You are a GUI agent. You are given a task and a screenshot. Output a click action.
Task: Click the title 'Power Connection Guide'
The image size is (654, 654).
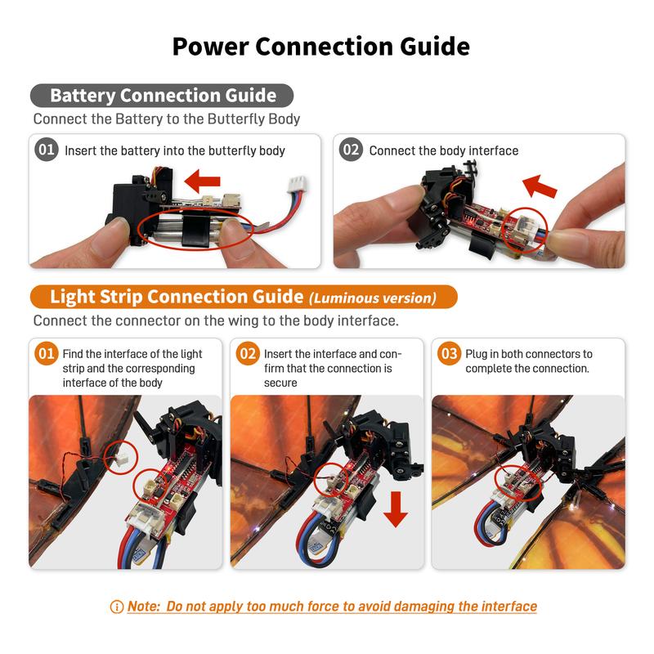pyautogui.click(x=320, y=47)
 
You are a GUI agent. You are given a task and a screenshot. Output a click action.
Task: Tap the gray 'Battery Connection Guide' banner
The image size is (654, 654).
pyautogui.click(x=162, y=96)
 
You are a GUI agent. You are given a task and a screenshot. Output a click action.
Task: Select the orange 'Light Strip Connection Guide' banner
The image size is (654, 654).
pyautogui.click(x=244, y=297)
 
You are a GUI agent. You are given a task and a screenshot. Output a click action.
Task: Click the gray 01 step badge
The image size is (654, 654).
pyautogui.click(x=47, y=150)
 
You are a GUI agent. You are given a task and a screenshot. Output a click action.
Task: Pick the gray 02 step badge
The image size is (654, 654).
pyautogui.click(x=351, y=150)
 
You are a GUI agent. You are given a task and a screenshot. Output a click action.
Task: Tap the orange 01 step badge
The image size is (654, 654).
pyautogui.click(x=47, y=354)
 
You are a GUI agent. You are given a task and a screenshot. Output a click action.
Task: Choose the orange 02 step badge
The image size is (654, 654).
pyautogui.click(x=248, y=354)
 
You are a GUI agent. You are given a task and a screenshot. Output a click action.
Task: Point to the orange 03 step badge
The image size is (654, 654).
pyautogui.click(x=449, y=354)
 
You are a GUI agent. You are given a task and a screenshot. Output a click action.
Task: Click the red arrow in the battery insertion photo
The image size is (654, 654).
pyautogui.click(x=202, y=181)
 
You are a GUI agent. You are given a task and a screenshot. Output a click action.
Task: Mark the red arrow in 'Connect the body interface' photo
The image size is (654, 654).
pyautogui.click(x=539, y=186)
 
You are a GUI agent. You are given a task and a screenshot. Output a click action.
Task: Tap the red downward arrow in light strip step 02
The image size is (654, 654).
pyautogui.click(x=396, y=508)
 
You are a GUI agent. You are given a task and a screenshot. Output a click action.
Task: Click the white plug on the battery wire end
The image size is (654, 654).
pyautogui.click(x=297, y=185)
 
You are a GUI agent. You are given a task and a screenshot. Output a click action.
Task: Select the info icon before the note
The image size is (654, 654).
pyautogui.click(x=117, y=607)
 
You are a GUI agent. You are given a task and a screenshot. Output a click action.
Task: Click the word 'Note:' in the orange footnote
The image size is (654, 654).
pyautogui.click(x=144, y=606)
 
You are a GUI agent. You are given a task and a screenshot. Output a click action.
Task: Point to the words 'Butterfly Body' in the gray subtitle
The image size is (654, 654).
pyautogui.click(x=253, y=119)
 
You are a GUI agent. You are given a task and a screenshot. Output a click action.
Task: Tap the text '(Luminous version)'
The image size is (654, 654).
pyautogui.click(x=373, y=298)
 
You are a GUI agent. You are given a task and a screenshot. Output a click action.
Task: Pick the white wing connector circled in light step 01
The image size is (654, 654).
pyautogui.click(x=122, y=460)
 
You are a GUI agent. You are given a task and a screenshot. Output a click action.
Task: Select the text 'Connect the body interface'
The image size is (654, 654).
pyautogui.click(x=444, y=150)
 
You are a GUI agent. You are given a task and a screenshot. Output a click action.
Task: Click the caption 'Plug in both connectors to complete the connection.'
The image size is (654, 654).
pyautogui.click(x=529, y=361)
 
